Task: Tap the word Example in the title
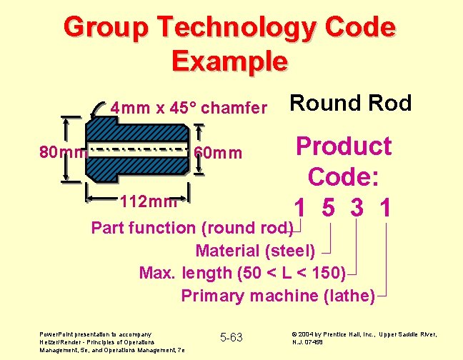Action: pyautogui.click(x=229, y=61)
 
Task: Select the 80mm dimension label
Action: pyautogui.click(x=62, y=152)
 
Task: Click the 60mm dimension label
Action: pyautogui.click(x=218, y=153)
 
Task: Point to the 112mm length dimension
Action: pyautogui.click(x=148, y=201)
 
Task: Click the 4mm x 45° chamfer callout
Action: pyautogui.click(x=189, y=109)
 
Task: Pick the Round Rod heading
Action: pyautogui.click(x=350, y=104)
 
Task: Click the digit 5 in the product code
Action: pyautogui.click(x=329, y=208)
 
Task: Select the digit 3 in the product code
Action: pyautogui.click(x=357, y=208)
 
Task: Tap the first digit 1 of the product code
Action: pyautogui.click(x=301, y=208)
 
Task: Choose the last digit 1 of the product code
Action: pyautogui.click(x=386, y=208)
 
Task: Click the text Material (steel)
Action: pyautogui.click(x=254, y=251)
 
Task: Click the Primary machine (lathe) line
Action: pyautogui.click(x=277, y=295)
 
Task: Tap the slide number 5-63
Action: pyautogui.click(x=231, y=336)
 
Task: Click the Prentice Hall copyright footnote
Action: pyautogui.click(x=364, y=337)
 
